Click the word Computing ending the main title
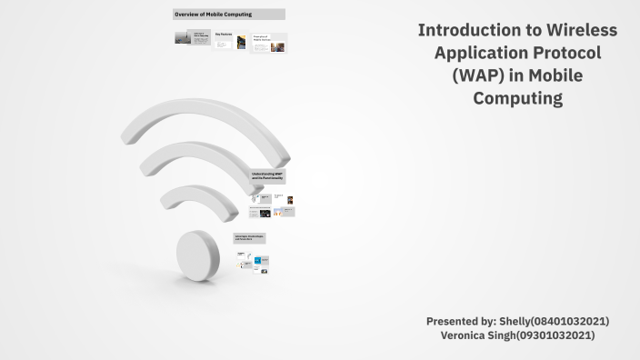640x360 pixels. tap(517, 98)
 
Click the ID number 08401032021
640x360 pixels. tap(574, 322)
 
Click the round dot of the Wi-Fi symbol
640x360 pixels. tap(197, 254)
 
